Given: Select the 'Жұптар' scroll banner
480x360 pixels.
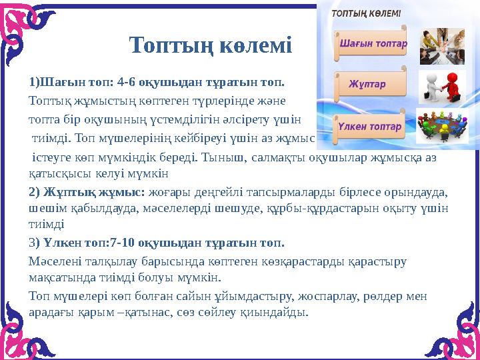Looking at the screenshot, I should pos(367,85).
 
